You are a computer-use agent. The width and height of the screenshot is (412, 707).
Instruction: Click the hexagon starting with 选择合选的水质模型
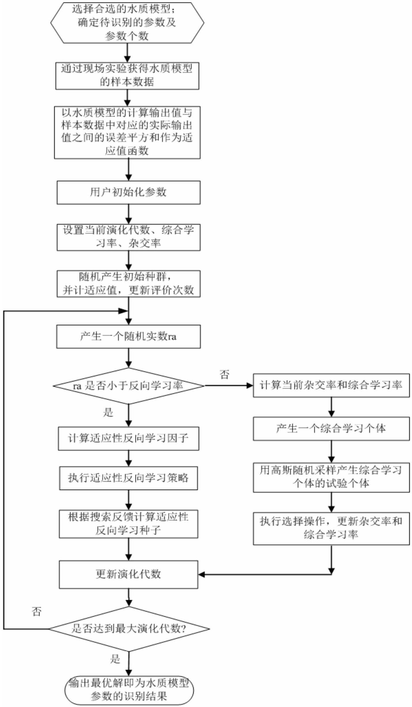coord(127,23)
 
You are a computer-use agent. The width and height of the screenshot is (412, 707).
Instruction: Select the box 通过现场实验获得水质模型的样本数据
coord(127,76)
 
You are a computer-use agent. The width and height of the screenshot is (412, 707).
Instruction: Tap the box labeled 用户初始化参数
coord(128,192)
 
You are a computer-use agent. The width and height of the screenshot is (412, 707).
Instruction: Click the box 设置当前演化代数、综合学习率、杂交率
coord(128,237)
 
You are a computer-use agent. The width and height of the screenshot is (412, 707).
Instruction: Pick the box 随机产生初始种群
coord(128,284)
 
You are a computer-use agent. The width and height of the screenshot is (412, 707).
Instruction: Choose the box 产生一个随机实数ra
coord(128,337)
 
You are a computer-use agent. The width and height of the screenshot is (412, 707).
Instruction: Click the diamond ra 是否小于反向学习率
coord(128,386)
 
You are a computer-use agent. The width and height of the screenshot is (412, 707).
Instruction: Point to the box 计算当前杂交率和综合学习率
coord(331,385)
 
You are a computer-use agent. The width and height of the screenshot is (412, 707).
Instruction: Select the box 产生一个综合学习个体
coord(331,429)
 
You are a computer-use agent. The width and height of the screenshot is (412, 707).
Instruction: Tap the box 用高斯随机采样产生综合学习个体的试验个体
coord(331,478)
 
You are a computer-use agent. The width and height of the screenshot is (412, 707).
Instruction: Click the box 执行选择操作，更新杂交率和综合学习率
coord(331,528)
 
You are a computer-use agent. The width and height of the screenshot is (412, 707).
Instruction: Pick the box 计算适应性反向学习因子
coord(128,438)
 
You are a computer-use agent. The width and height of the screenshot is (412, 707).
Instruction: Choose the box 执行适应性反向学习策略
coord(128,478)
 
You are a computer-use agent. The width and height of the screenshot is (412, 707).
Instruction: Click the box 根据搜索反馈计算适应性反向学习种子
coord(128,524)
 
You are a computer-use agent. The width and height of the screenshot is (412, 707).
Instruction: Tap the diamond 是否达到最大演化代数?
coord(129,629)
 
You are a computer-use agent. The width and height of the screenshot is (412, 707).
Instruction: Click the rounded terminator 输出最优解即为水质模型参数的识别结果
coord(129,690)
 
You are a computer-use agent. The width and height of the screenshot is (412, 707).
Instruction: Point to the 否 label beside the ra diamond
coord(224,375)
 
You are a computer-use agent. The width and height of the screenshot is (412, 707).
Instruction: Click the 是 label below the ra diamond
coord(108,413)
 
